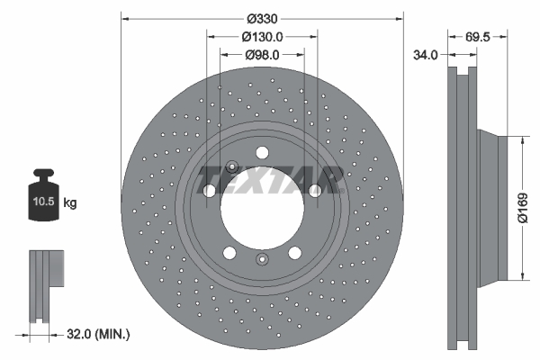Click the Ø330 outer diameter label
click(262, 19)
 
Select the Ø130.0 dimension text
click(262, 37)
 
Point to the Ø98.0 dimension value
click(262, 55)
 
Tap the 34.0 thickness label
click(424, 55)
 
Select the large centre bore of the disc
click(262, 207)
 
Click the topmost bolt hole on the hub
click(262, 152)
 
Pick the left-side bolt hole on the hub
click(210, 191)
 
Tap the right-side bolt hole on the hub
click(315, 191)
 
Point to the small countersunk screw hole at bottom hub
click(262, 261)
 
